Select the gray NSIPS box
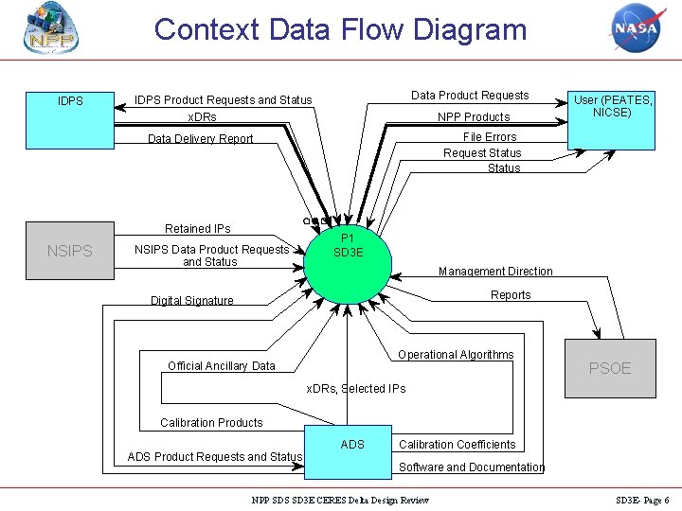69,251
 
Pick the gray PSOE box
610,368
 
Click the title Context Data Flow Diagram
340,29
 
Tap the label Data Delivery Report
200,139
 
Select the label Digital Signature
191,301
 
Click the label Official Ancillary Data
222,366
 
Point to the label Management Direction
495,272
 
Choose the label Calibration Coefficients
458,445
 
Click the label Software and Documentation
472,467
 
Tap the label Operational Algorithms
456,355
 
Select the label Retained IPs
197,229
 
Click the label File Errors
490,137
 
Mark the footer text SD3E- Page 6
642,500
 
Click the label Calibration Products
211,423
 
